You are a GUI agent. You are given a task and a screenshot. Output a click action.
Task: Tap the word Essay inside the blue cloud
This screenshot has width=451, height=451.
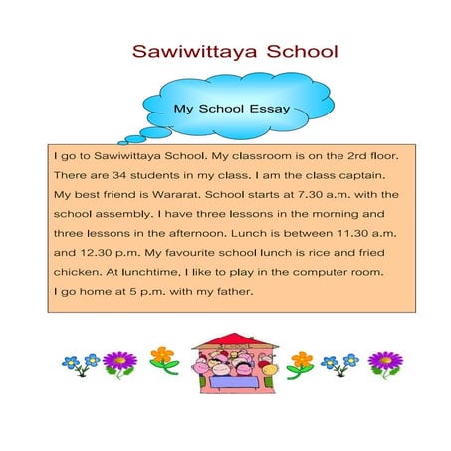pyautogui.click(x=269, y=109)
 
